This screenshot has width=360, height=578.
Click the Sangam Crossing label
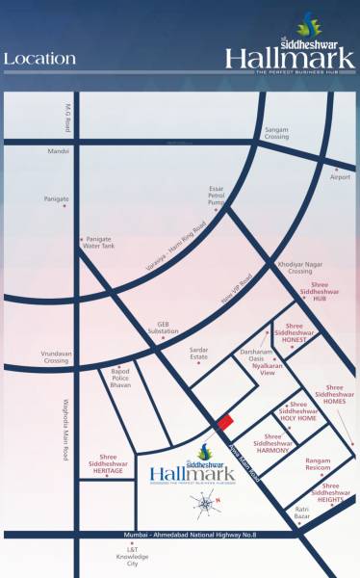(x=276, y=133)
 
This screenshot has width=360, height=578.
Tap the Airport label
(x=341, y=177)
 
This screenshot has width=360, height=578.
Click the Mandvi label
(x=60, y=151)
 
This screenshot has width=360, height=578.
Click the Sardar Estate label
(x=198, y=353)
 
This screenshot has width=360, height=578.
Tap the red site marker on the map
(x=224, y=421)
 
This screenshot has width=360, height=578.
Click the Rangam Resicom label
(x=318, y=464)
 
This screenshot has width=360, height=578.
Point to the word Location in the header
(x=39, y=59)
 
